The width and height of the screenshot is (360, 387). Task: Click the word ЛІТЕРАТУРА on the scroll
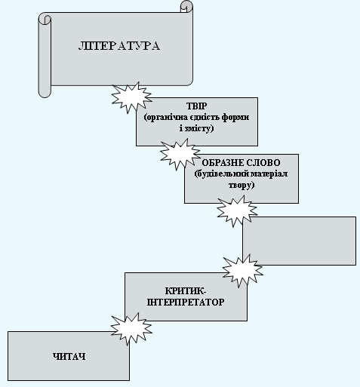[119, 46]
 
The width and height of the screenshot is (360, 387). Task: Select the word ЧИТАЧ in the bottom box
[69, 355]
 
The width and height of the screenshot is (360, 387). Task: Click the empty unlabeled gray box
[299, 241]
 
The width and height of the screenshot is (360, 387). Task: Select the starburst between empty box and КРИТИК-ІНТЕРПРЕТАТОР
[243, 269]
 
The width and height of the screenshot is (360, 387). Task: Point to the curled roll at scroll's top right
[186, 7]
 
